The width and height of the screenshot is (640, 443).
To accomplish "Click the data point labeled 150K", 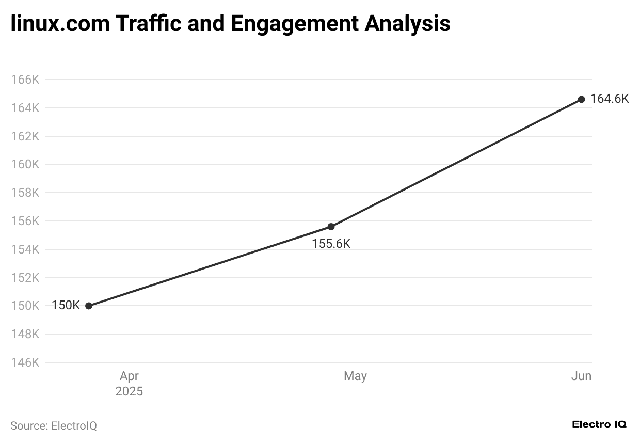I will [89, 306].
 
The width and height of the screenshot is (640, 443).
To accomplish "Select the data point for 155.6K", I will [331, 227].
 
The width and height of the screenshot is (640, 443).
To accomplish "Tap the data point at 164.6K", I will [581, 99].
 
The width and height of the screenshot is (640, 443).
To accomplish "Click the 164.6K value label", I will [610, 99].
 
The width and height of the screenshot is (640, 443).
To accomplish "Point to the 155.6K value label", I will [331, 244].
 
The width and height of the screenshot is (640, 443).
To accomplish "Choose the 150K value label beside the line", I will [66, 305].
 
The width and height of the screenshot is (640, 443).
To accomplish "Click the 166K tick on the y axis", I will [25, 80].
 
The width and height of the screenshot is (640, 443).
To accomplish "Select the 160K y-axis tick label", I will [25, 165].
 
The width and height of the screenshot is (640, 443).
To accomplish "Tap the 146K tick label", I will [25, 362].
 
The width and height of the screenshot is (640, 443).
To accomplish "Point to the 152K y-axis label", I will [25, 278].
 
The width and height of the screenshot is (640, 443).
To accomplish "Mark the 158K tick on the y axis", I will [25, 193].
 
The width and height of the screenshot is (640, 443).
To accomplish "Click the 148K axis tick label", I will [25, 334].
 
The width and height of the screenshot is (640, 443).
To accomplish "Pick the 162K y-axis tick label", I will [25, 136].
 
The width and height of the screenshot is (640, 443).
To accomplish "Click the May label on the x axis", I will [355, 376].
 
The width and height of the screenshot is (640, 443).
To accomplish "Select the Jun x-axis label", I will [581, 376].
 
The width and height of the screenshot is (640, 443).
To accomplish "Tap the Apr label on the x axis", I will [129, 376].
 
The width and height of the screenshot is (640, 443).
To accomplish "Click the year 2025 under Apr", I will [129, 391].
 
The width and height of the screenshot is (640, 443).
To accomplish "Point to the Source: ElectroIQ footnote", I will [54, 426].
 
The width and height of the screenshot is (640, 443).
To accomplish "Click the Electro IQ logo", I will [599, 424].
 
